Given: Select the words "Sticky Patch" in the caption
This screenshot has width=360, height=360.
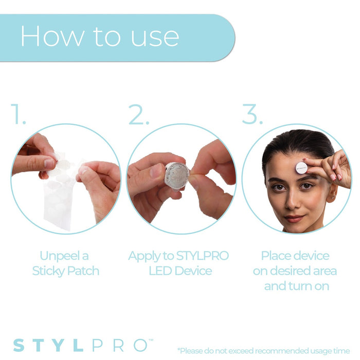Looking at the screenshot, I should point(65,271).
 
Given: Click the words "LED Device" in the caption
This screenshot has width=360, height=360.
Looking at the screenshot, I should point(180,271).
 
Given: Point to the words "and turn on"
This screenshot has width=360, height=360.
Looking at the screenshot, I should point(296,286).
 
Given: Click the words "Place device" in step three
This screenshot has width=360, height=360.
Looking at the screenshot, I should point(295,256).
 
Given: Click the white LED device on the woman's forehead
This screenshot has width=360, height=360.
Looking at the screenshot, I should point(301,167).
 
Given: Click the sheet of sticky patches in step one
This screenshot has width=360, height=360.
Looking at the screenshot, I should point(59,201).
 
